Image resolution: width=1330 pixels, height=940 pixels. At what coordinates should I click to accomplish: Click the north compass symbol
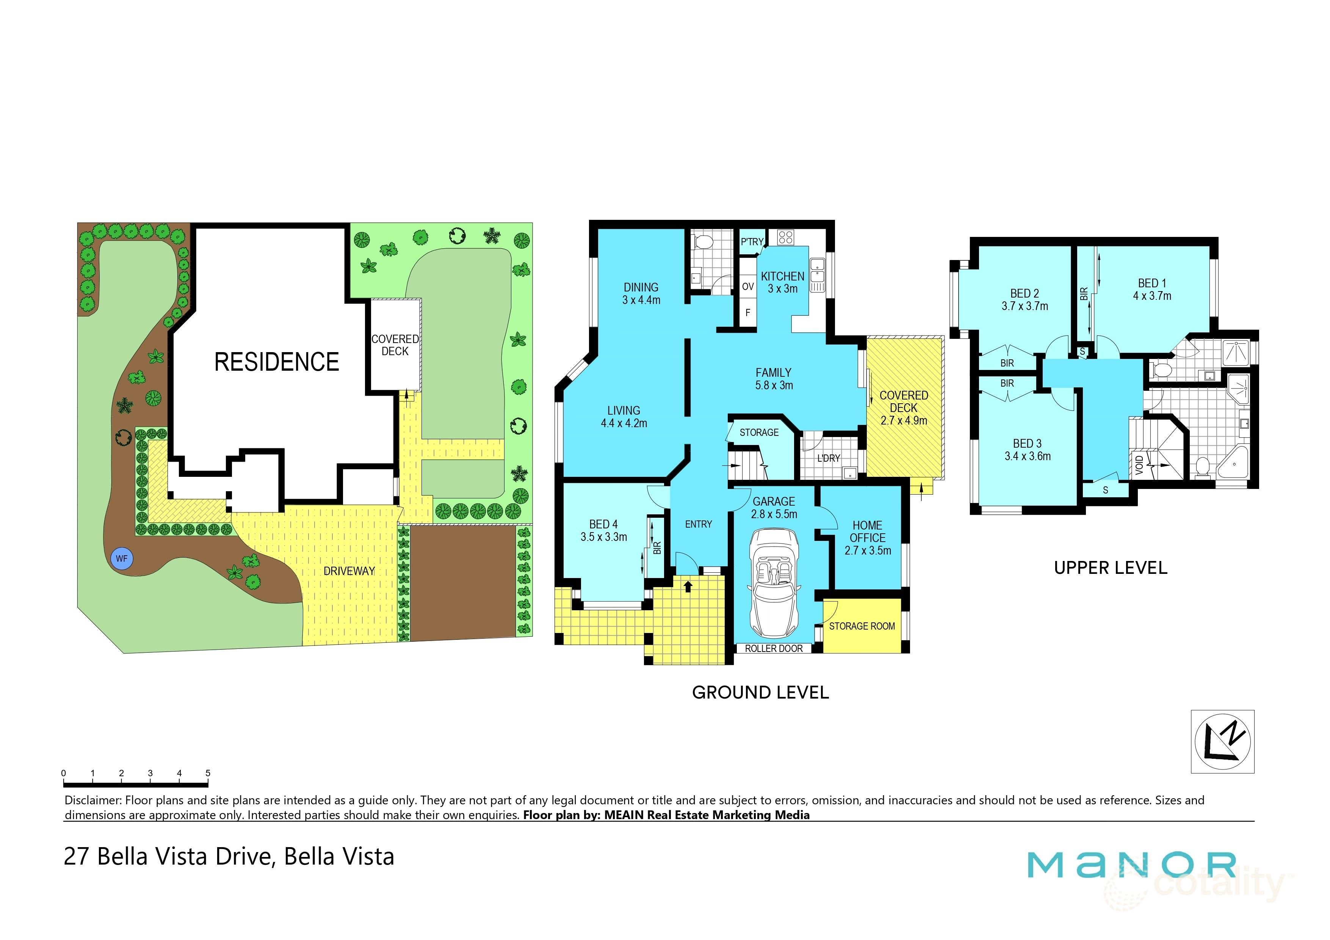(x=1222, y=741)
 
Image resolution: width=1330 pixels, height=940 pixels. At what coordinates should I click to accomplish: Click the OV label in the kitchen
(x=748, y=287)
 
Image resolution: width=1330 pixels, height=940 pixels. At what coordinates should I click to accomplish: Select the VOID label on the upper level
(x=1139, y=463)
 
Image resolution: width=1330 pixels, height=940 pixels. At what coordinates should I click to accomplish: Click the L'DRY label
(x=828, y=458)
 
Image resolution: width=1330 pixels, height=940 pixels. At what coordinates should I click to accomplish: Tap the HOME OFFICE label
(x=867, y=531)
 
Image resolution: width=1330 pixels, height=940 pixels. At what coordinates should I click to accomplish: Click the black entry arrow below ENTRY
(x=688, y=587)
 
